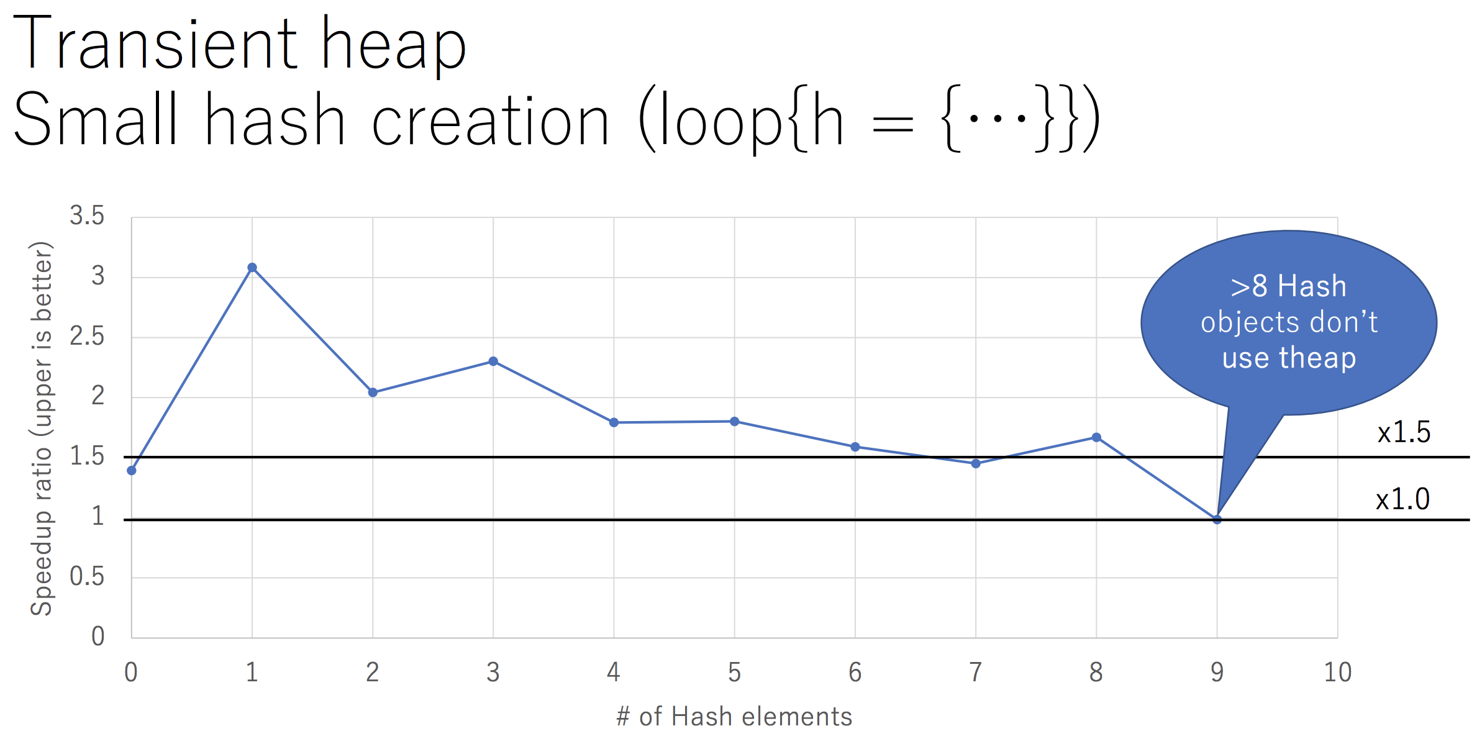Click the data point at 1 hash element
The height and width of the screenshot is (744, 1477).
coord(252,268)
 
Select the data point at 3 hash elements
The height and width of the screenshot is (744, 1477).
coord(493,361)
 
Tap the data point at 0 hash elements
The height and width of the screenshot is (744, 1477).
coord(132,471)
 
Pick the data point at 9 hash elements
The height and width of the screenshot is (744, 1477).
coord(1217,520)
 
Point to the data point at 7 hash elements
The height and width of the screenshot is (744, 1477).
coord(976,463)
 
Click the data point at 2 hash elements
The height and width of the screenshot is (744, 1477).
coord(373,392)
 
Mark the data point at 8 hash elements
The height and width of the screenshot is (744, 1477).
coord(1096,438)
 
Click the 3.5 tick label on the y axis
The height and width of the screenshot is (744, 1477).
coord(87,216)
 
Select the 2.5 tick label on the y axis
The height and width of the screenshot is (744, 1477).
coord(87,337)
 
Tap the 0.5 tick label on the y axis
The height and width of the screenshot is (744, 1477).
coord(87,577)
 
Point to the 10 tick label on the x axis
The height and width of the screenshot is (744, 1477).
coord(1337,673)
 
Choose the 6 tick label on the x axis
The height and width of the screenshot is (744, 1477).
coord(855,673)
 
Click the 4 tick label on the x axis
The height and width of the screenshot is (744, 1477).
coord(614,673)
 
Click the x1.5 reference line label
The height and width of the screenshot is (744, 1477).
coord(1404,432)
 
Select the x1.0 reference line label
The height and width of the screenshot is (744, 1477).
coord(1402,499)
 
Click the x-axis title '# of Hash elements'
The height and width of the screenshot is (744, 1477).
coord(734,717)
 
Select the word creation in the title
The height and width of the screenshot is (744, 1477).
coord(491,122)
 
